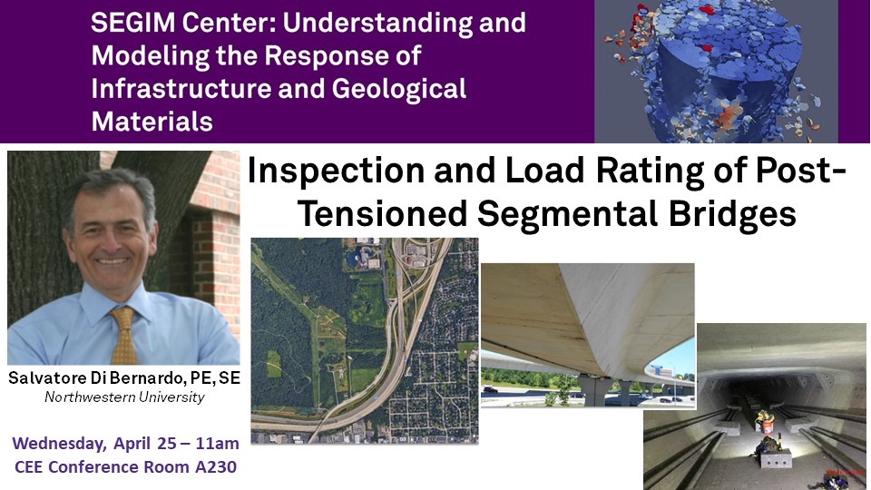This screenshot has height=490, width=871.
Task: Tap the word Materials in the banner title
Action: coord(152,122)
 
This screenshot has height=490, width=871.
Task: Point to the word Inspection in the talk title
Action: coord(336,171)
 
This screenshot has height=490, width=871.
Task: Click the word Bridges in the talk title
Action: coord(732,214)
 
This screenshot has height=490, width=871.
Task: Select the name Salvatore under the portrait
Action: coord(48,378)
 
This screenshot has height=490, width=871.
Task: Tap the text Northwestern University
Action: coord(124,397)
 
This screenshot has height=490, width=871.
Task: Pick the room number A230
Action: coord(216,466)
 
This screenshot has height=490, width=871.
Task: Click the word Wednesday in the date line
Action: coord(60,444)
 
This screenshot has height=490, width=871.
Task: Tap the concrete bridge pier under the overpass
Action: coord(593,389)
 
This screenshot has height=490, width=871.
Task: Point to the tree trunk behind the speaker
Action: coord(39,233)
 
